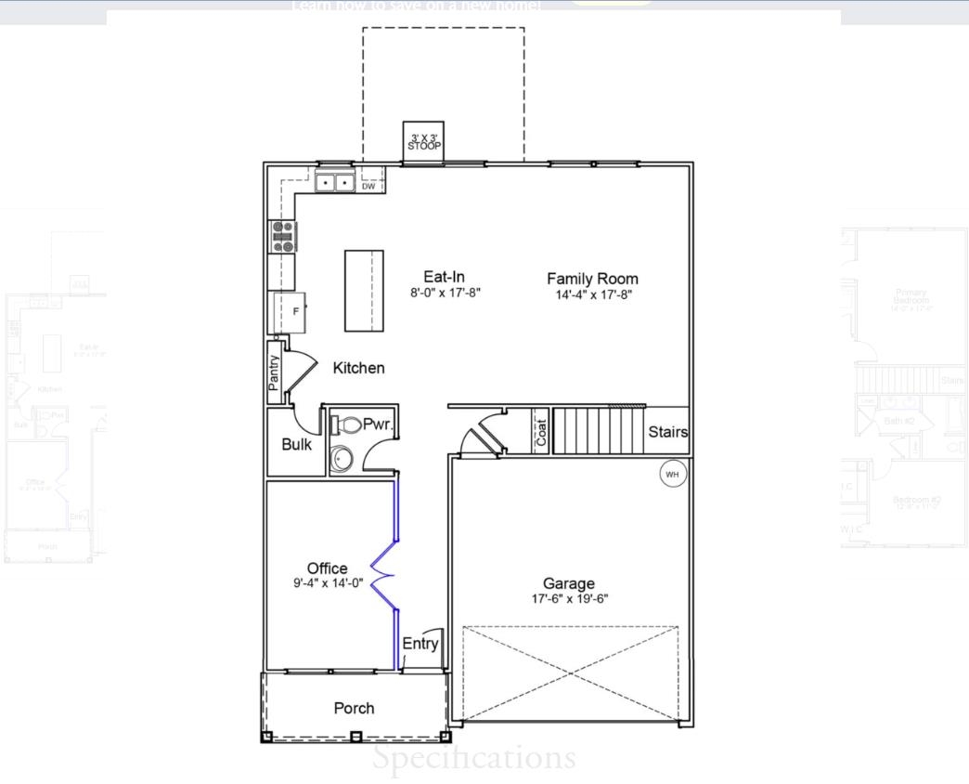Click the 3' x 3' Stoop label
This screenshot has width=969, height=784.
coord(424,142)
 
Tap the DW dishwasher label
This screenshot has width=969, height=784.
coord(368,186)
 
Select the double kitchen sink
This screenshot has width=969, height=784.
coord(335,183)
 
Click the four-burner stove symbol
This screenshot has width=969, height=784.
coord(282,237)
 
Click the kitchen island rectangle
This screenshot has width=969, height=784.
coord(365,291)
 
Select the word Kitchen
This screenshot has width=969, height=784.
coord(358,368)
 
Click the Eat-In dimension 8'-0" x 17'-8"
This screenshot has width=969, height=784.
coord(445,293)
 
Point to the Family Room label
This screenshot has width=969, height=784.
coord(592,278)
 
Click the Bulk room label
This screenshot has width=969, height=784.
coord(297,444)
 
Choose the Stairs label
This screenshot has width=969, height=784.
coord(667,432)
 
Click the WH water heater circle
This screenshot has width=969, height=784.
coord(673,474)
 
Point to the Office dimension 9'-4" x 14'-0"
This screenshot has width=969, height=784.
coord(328,583)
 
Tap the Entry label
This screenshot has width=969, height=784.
coord(420,643)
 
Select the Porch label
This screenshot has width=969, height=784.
coord(354,708)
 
